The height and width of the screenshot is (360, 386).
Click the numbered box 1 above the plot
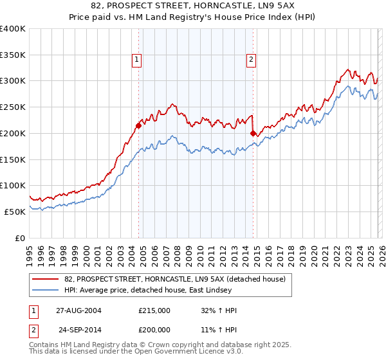[x=138, y=60]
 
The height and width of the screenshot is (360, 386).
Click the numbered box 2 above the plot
[x=251, y=60]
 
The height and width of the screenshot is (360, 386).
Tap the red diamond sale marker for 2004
[x=138, y=125]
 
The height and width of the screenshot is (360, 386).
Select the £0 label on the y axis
[x=19, y=238]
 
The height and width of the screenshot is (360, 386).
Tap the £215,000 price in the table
[x=154, y=310]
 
